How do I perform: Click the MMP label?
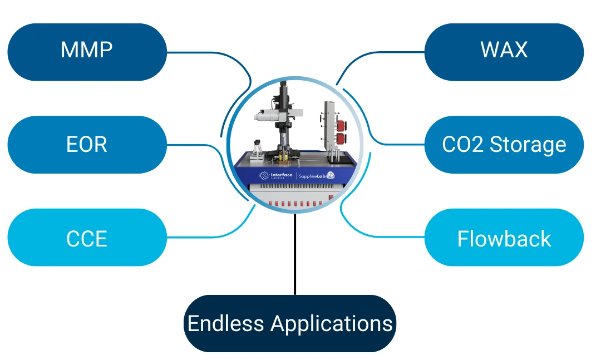tap(87, 51)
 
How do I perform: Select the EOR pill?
tap(87, 145)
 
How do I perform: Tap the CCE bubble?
tap(87, 238)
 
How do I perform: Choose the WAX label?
tap(504, 51)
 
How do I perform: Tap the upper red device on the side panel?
tap(338, 124)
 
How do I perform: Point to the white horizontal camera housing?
tap(267, 116)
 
